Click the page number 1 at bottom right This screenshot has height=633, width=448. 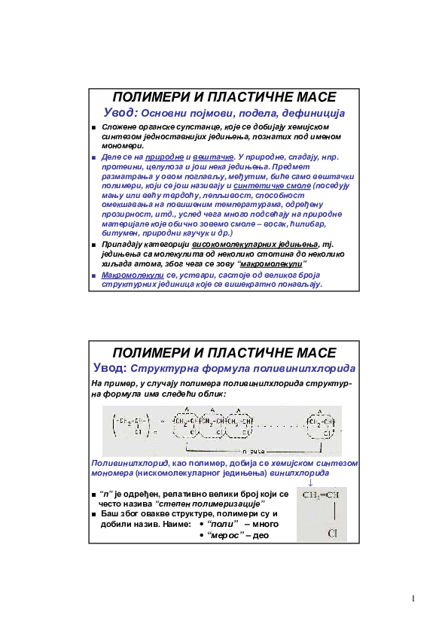(x=413, y=599)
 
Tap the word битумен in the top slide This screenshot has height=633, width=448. (x=119, y=233)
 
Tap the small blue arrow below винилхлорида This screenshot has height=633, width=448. (x=311, y=483)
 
